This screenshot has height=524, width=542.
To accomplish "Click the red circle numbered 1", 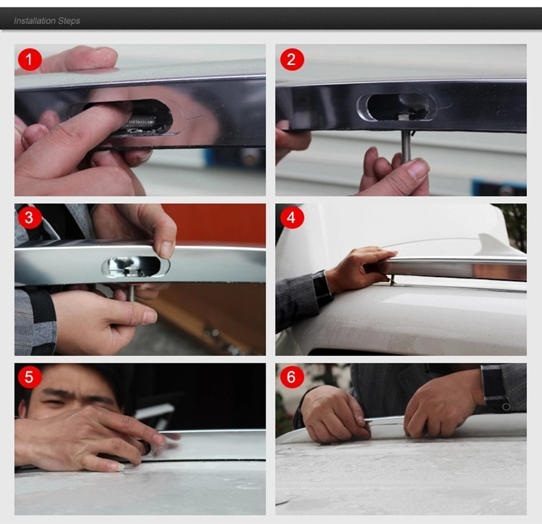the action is tap(30, 60).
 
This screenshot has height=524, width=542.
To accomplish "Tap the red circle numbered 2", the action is tap(292, 60).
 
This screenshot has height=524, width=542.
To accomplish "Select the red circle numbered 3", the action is tap(30, 217).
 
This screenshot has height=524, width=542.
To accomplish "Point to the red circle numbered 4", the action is tap(292, 217).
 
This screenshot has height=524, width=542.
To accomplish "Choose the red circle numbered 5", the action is tap(30, 377).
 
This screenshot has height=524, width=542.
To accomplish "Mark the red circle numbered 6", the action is tap(292, 377).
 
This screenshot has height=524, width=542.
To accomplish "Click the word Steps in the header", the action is tap(69, 21).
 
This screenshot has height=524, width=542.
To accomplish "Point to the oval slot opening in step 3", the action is tap(136, 267).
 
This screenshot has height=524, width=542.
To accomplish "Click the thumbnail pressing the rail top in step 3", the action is tap(167, 249).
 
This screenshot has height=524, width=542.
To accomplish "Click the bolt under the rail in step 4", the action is tap(392, 280).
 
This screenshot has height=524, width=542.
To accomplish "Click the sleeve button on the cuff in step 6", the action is tap(506, 406).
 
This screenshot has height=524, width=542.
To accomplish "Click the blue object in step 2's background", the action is tap(499, 187).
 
